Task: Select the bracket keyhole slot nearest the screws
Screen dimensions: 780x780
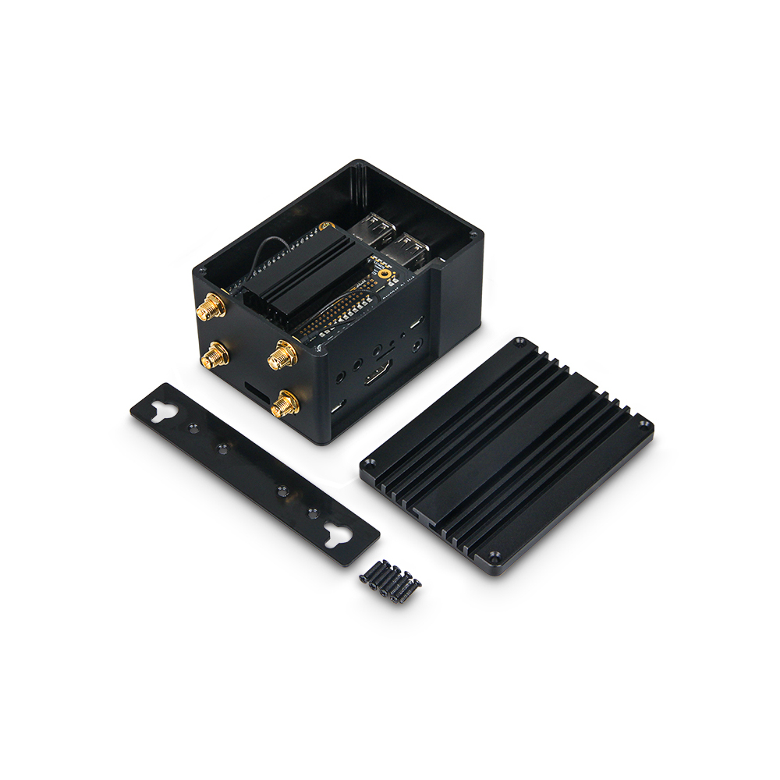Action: (339, 535)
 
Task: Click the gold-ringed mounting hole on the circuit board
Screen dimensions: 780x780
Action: (384, 273)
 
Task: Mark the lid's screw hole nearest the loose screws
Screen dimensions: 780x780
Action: (493, 556)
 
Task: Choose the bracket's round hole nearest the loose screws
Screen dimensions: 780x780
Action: (312, 512)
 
